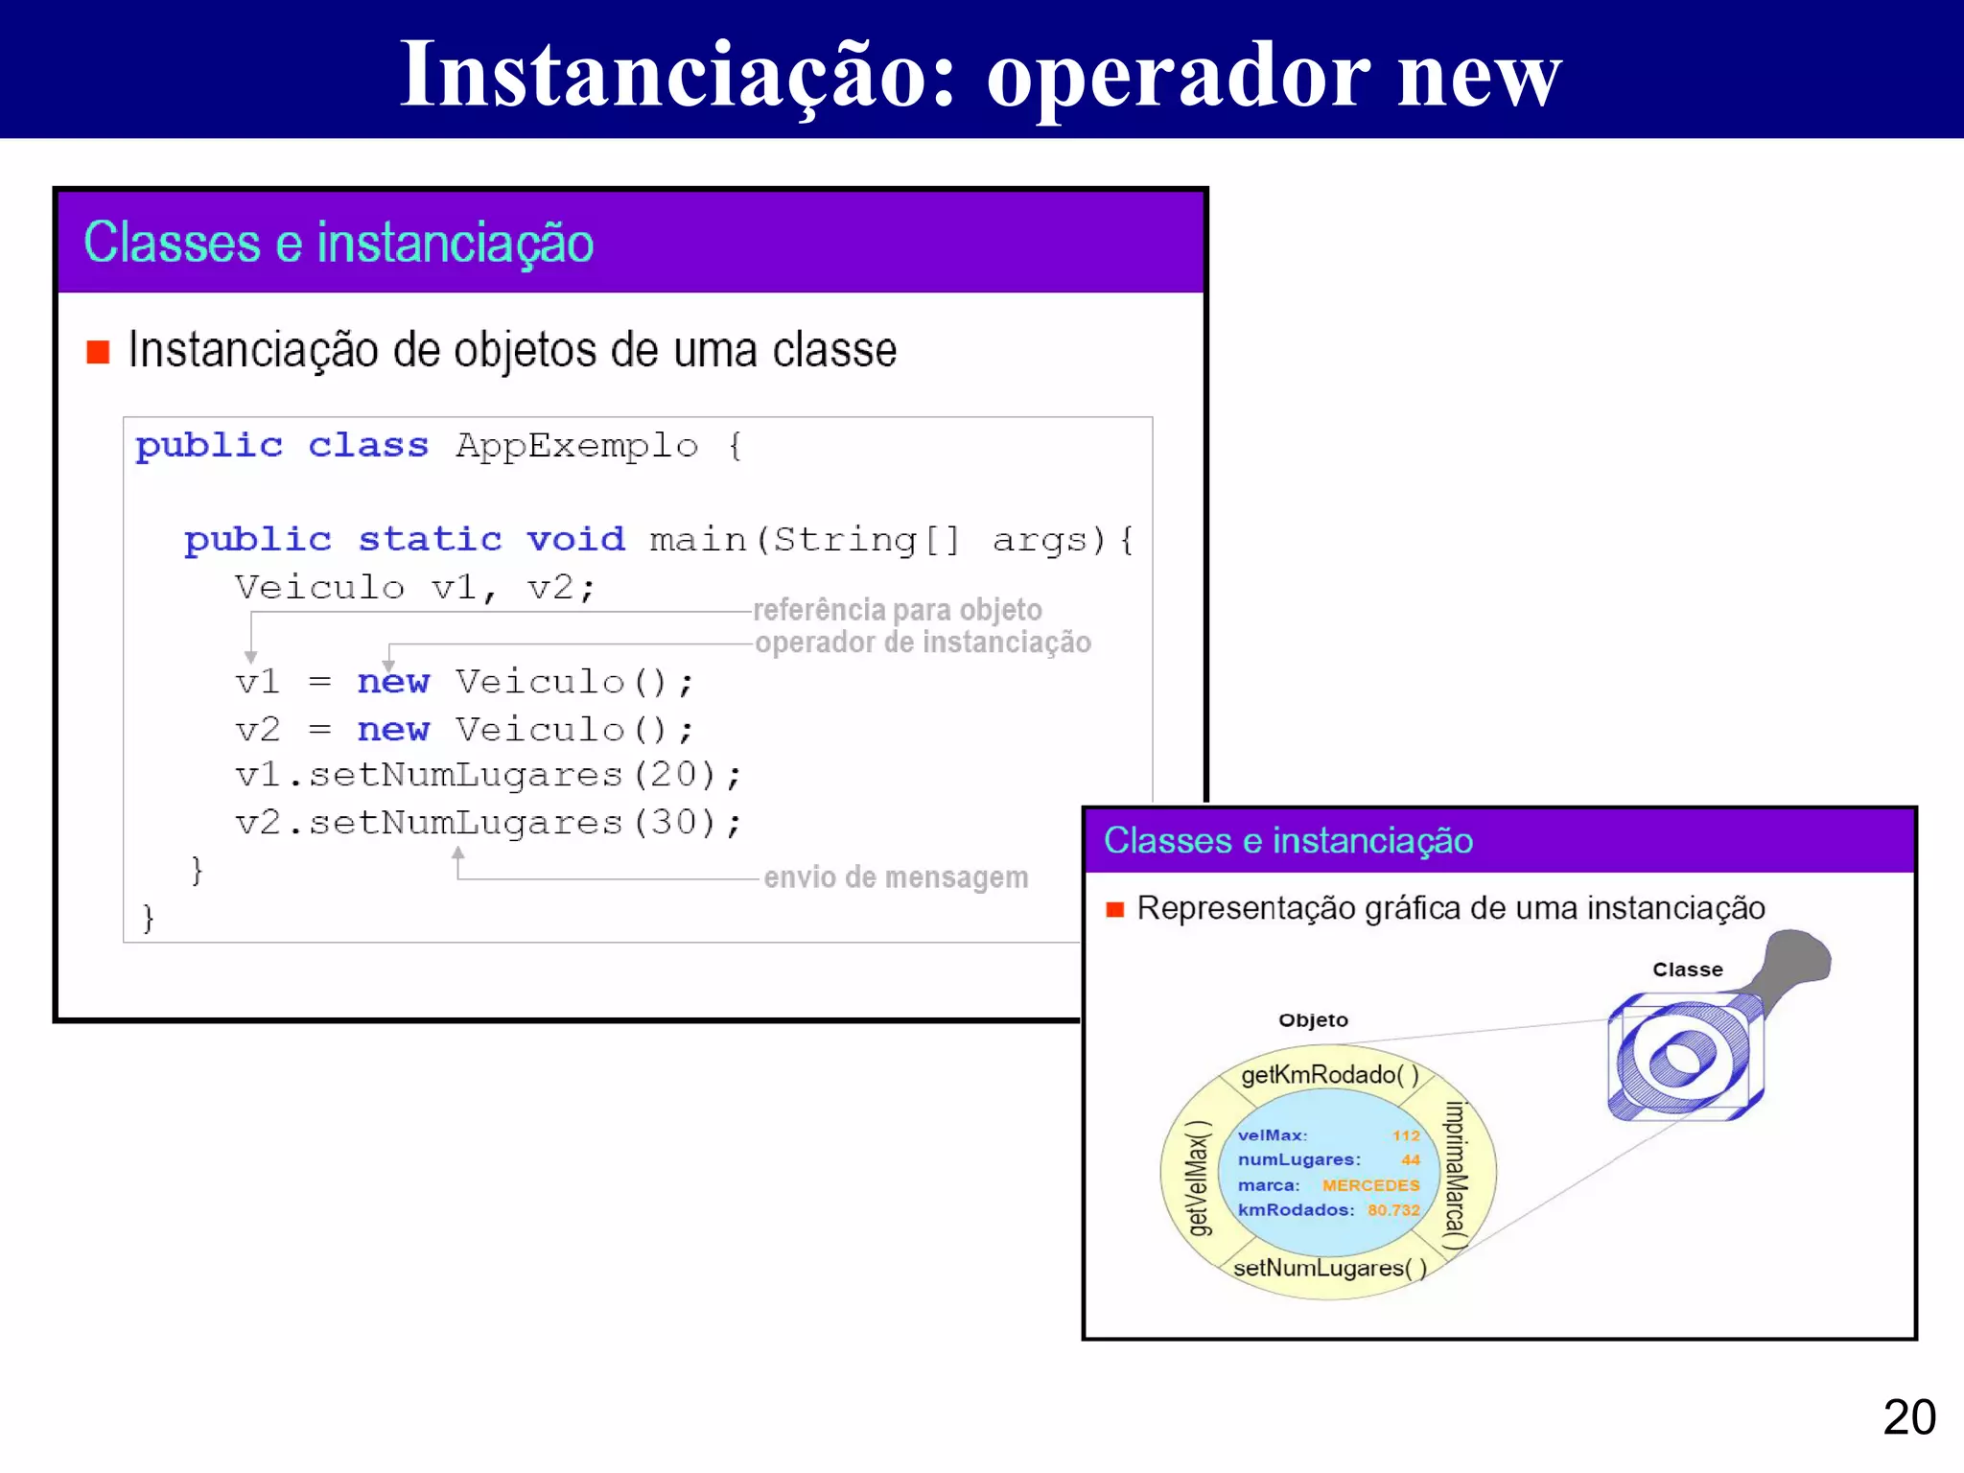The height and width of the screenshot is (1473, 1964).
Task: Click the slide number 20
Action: [1908, 1417]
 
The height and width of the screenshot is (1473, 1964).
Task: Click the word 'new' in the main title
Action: [1479, 77]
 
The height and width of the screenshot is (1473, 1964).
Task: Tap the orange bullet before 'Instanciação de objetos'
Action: [98, 352]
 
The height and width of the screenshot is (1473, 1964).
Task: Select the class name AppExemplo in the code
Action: [576, 446]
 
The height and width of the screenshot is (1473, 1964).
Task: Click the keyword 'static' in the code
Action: [430, 540]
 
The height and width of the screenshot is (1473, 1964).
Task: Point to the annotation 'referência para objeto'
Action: [897, 610]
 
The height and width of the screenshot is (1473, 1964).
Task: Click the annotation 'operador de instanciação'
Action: [923, 643]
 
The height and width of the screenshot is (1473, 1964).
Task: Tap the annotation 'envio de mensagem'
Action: [896, 877]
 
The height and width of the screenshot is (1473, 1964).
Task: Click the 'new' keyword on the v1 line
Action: [393, 682]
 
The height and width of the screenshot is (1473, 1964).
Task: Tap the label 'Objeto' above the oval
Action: [1313, 1020]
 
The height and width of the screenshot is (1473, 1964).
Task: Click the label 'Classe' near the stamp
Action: [1687, 970]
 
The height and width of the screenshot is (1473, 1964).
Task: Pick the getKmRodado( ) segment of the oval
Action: [1329, 1075]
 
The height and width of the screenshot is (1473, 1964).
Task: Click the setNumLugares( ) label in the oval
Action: [1329, 1268]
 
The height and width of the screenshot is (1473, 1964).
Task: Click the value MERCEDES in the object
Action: [1370, 1185]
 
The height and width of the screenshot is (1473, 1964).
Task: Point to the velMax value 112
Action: [1406, 1135]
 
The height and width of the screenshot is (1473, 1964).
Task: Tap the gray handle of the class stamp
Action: [1793, 962]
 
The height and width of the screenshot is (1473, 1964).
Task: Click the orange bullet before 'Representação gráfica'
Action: [1114, 909]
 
